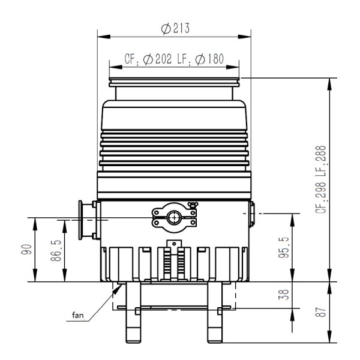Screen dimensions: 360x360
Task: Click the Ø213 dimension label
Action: [x=174, y=29]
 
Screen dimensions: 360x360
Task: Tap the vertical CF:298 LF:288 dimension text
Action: [x=322, y=179]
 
